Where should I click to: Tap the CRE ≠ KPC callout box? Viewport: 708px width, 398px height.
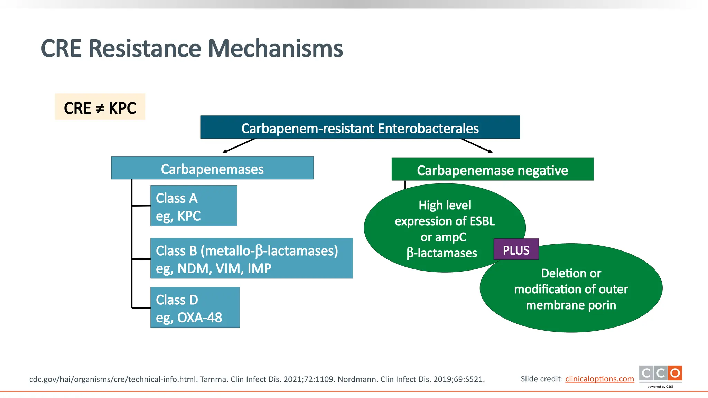click(x=100, y=107)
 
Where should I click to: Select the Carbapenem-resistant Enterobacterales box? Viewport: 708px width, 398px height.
click(x=360, y=127)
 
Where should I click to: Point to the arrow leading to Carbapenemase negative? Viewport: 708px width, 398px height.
click(x=476, y=145)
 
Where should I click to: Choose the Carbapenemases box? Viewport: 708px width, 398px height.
click(x=212, y=168)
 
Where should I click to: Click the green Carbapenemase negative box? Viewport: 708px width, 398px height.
click(x=492, y=170)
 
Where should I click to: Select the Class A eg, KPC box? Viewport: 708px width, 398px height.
click(x=194, y=206)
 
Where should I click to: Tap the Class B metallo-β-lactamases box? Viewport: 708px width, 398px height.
click(x=251, y=258)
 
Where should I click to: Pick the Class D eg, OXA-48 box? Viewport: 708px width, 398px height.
click(x=195, y=307)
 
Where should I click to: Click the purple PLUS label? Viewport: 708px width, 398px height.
click(x=516, y=249)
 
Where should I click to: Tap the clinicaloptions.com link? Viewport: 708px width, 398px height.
click(x=599, y=379)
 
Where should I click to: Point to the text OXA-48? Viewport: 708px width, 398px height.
click(x=200, y=318)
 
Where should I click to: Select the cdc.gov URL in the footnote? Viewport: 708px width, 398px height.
click(x=113, y=379)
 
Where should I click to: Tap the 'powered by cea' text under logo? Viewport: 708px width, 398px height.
click(x=660, y=387)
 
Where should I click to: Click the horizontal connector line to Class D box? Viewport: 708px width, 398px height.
click(x=141, y=308)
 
